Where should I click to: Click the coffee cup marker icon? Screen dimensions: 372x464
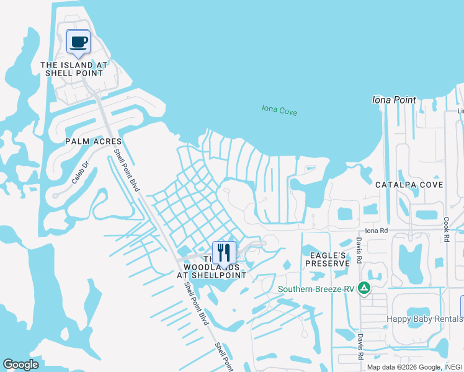tap(78, 42)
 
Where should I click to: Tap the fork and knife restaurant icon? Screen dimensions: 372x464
tap(224, 252)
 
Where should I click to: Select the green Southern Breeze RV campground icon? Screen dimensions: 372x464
tap(365, 288)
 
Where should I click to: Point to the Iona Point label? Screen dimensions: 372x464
tap(393, 99)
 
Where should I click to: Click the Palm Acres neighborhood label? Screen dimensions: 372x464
tap(93, 141)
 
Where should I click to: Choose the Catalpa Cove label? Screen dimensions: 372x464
tap(409, 185)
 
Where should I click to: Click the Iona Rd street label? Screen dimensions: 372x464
tap(376, 231)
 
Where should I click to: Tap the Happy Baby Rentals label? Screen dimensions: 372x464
tap(425, 319)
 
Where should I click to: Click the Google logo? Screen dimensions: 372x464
tap(20, 365)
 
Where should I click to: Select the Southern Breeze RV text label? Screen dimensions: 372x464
tap(317, 288)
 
